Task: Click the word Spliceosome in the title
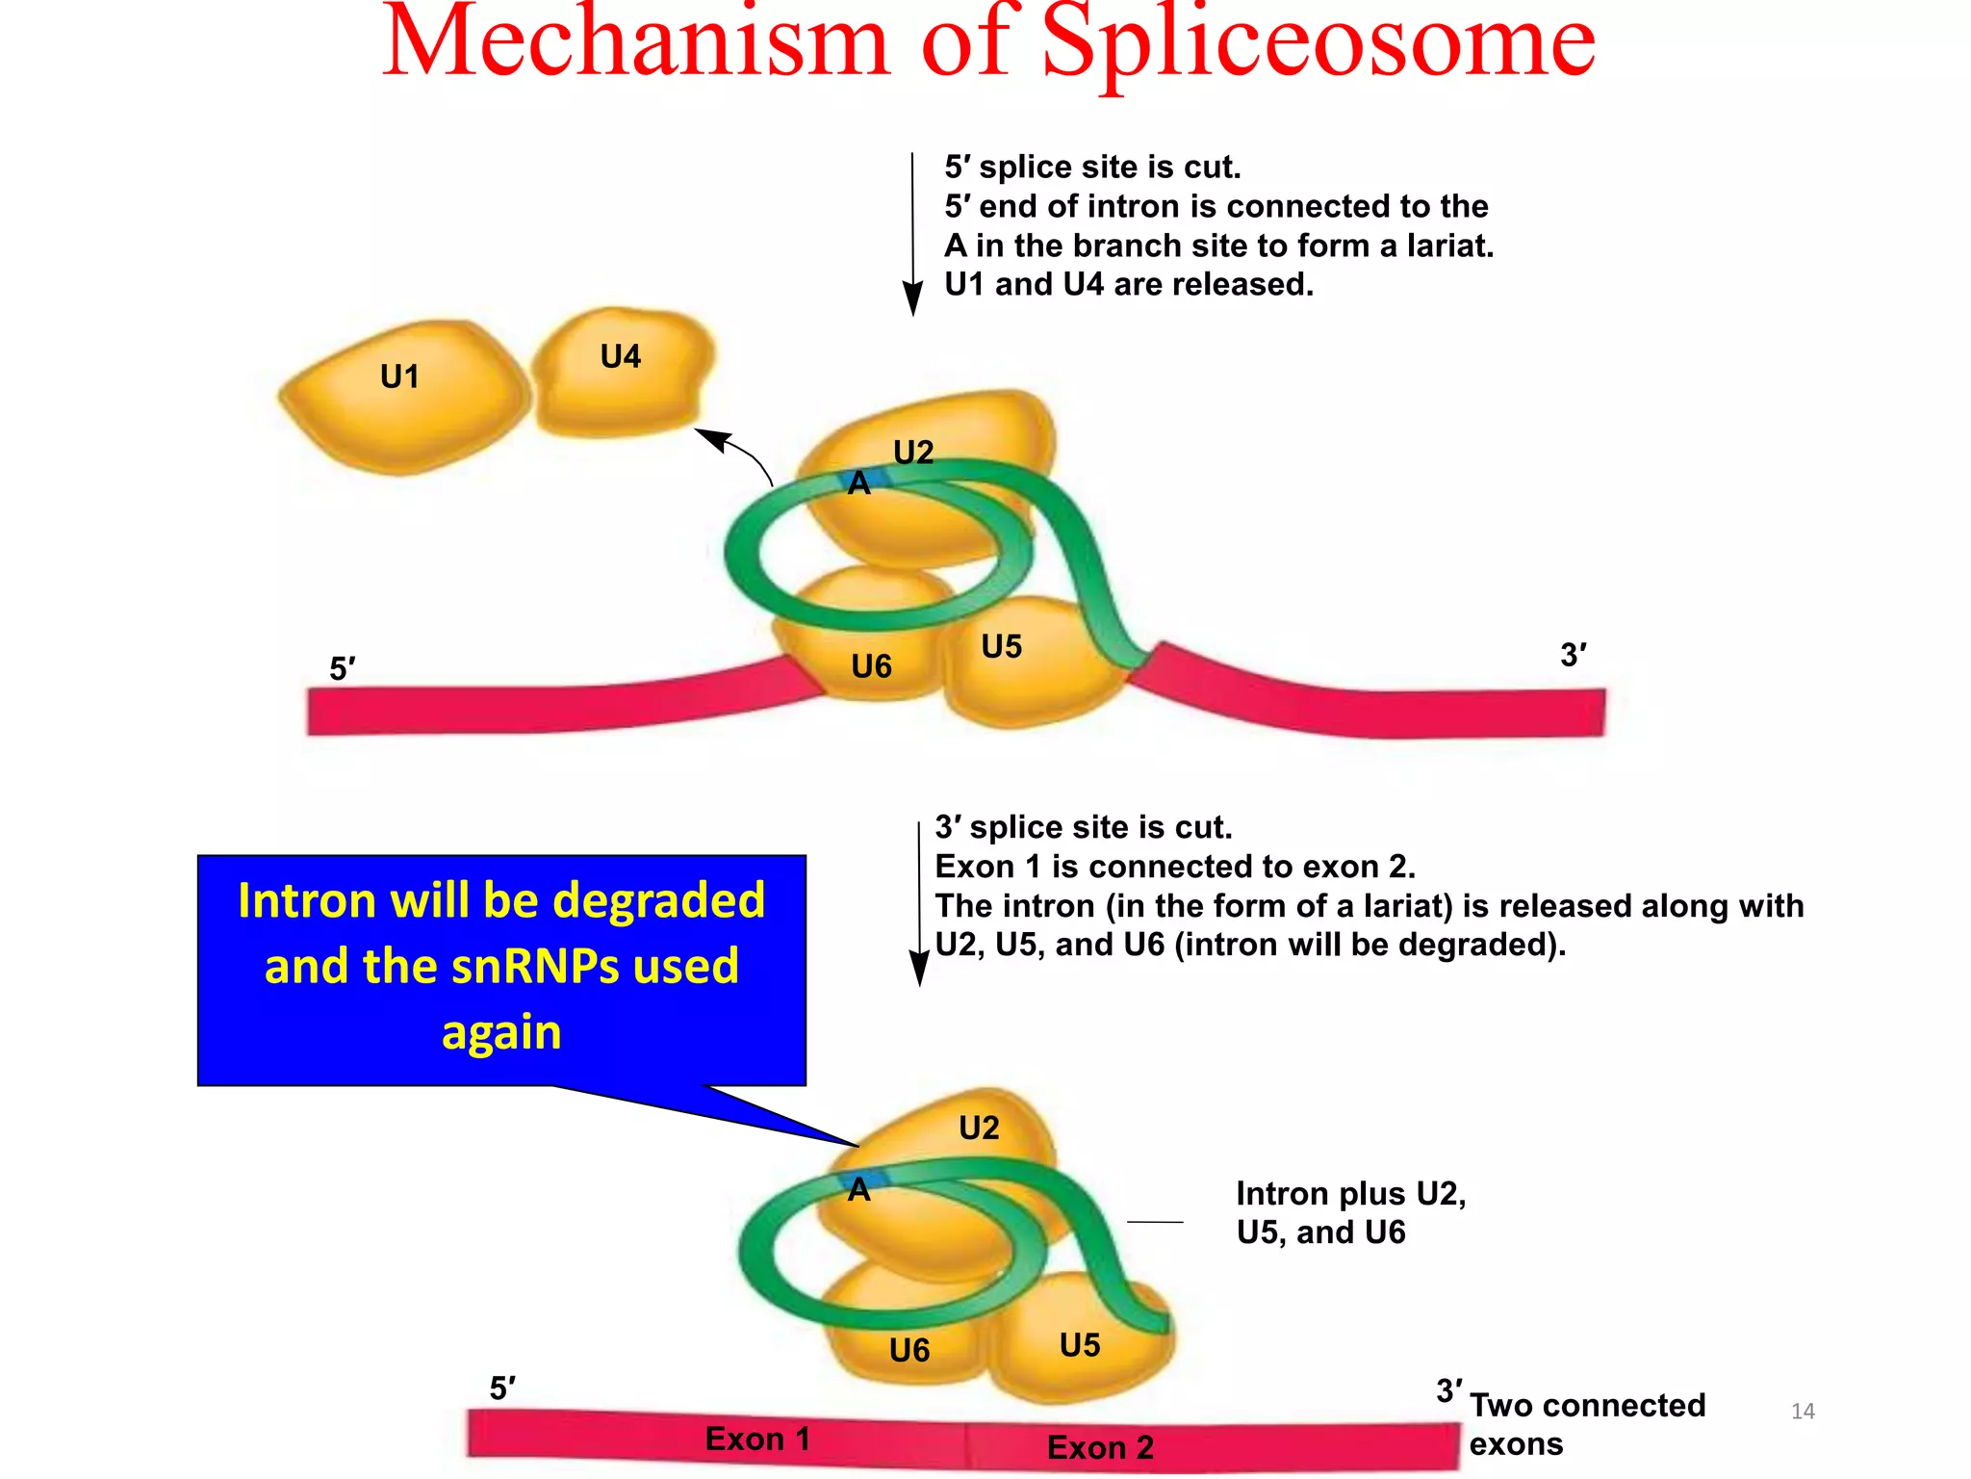pyautogui.click(x=1318, y=43)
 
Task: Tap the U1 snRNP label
pyautogui.click(x=399, y=376)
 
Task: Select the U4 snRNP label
pyautogui.click(x=620, y=356)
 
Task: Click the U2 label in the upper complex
pyautogui.click(x=913, y=452)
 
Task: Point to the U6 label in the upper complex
pyautogui.click(x=871, y=666)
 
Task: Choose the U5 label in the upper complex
pyautogui.click(x=1001, y=646)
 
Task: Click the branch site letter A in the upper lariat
pyautogui.click(x=858, y=483)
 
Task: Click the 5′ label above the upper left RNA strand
pyautogui.click(x=343, y=668)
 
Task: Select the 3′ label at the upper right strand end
pyautogui.click(x=1574, y=655)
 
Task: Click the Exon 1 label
pyautogui.click(x=757, y=1439)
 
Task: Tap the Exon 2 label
pyautogui.click(x=1100, y=1447)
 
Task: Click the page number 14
pyautogui.click(x=1803, y=1412)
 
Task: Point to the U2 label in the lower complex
pyautogui.click(x=979, y=1128)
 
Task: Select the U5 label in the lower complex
pyautogui.click(x=1079, y=1345)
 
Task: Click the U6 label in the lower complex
pyautogui.click(x=909, y=1351)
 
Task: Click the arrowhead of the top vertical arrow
pyautogui.click(x=912, y=298)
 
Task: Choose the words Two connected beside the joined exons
pyautogui.click(x=1587, y=1406)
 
